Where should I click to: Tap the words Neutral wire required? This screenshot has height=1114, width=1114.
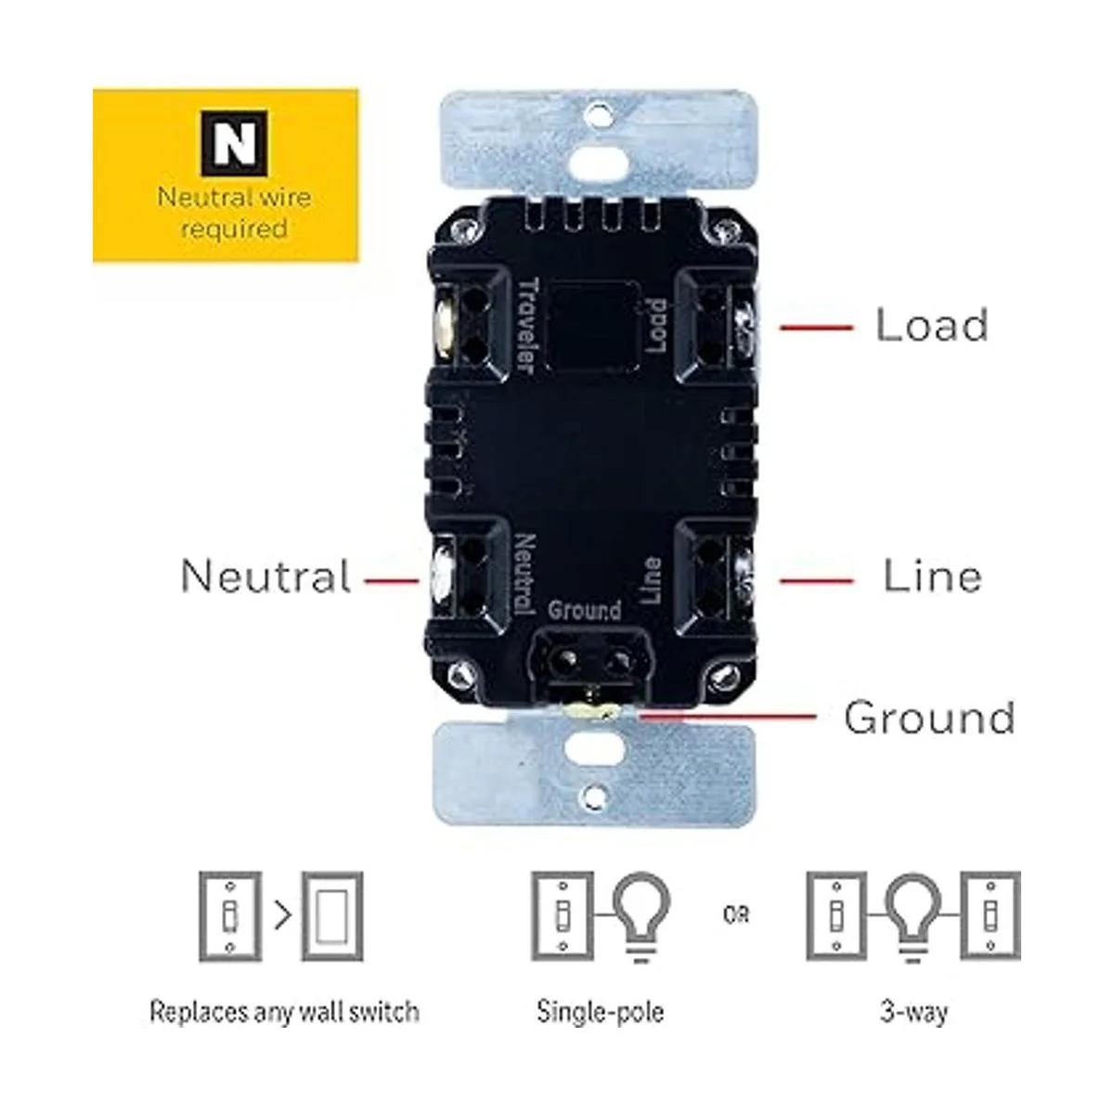click(234, 213)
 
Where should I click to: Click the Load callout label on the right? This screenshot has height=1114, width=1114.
click(931, 325)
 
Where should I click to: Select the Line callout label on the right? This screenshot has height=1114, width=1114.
click(932, 576)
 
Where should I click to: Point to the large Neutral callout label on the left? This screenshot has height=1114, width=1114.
click(266, 576)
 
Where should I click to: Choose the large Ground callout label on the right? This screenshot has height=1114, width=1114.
click(929, 718)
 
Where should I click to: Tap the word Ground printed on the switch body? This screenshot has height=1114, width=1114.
click(584, 611)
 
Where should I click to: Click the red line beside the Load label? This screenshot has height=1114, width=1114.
click(816, 327)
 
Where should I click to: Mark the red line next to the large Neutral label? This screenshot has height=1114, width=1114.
click(391, 582)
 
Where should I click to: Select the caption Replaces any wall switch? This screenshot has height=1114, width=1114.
click(284, 1010)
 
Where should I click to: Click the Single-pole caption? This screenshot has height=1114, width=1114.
click(601, 1010)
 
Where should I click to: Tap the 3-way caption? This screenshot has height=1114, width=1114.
click(913, 1010)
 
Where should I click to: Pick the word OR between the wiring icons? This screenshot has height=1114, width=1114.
click(736, 914)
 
